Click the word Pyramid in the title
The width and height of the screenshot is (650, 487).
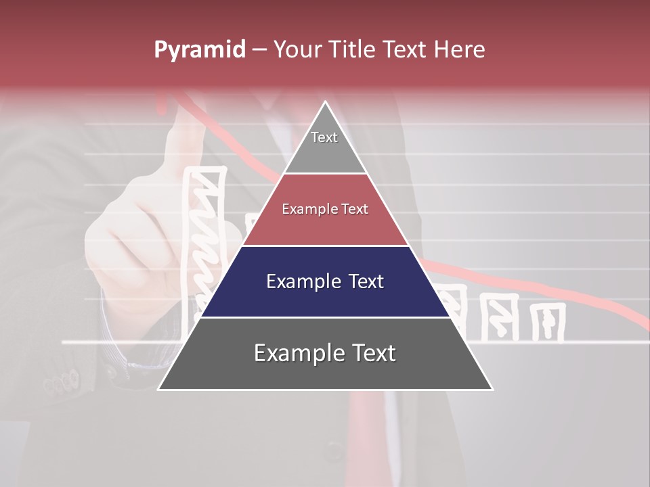(x=199, y=50)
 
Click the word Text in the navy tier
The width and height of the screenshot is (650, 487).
(x=363, y=281)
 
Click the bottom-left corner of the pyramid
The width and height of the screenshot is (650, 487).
(x=159, y=389)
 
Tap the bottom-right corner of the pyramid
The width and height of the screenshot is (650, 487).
(x=492, y=389)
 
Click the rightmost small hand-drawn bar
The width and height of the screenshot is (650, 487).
(x=547, y=322)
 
